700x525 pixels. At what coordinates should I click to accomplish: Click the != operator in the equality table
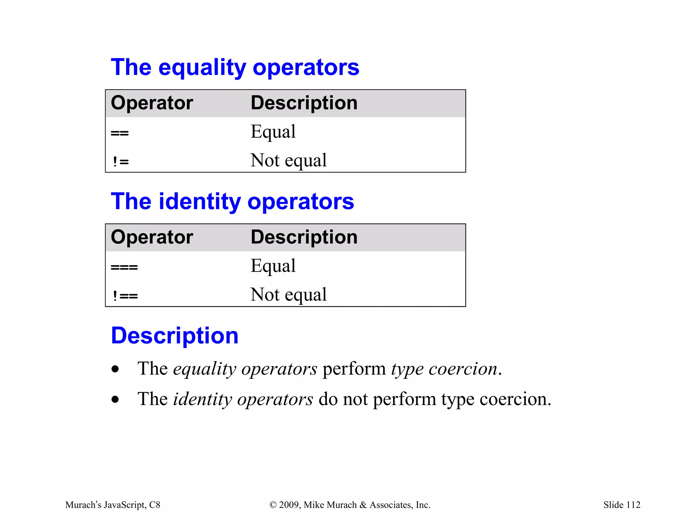pyautogui.click(x=121, y=161)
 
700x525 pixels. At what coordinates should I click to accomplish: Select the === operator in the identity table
pyautogui.click(x=124, y=267)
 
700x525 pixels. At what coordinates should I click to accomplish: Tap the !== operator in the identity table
pyautogui.click(x=125, y=296)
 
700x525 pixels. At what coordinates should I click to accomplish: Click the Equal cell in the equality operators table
pyautogui.click(x=273, y=132)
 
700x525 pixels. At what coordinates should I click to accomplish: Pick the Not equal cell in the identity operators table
pyautogui.click(x=288, y=295)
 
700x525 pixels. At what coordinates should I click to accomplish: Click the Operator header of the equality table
pyautogui.click(x=152, y=103)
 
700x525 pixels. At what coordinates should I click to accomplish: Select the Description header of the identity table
pyautogui.click(x=304, y=237)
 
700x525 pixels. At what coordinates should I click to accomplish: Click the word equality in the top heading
pyautogui.click(x=202, y=68)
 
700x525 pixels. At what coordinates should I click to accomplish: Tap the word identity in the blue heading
pyautogui.click(x=200, y=202)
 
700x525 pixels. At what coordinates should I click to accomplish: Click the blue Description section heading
pyautogui.click(x=175, y=336)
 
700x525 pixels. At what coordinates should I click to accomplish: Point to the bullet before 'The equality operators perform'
pyautogui.click(x=115, y=369)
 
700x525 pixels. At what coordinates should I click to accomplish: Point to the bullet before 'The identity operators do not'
pyautogui.click(x=115, y=399)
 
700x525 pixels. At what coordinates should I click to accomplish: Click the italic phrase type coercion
pyautogui.click(x=444, y=369)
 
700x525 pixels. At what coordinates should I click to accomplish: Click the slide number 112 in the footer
pyautogui.click(x=633, y=505)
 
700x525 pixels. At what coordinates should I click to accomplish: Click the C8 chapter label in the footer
pyautogui.click(x=154, y=505)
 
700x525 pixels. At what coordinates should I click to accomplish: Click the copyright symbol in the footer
pyautogui.click(x=273, y=505)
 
